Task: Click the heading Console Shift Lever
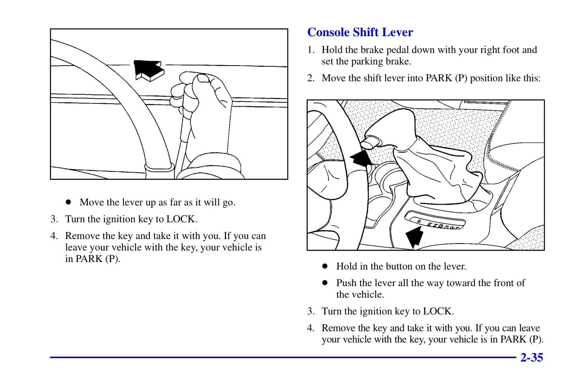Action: pos(360,32)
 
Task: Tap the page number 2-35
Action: pos(531,357)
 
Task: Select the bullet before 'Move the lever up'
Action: pos(68,202)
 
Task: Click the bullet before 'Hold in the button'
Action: pos(325,266)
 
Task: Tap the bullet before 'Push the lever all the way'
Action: pos(325,283)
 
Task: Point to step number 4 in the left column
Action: pos(54,236)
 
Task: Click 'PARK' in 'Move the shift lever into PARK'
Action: pos(439,78)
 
